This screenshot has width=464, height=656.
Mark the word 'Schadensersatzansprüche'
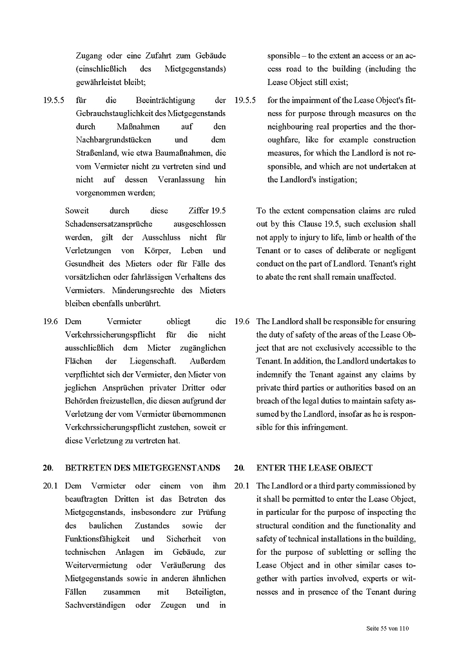[109, 224]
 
